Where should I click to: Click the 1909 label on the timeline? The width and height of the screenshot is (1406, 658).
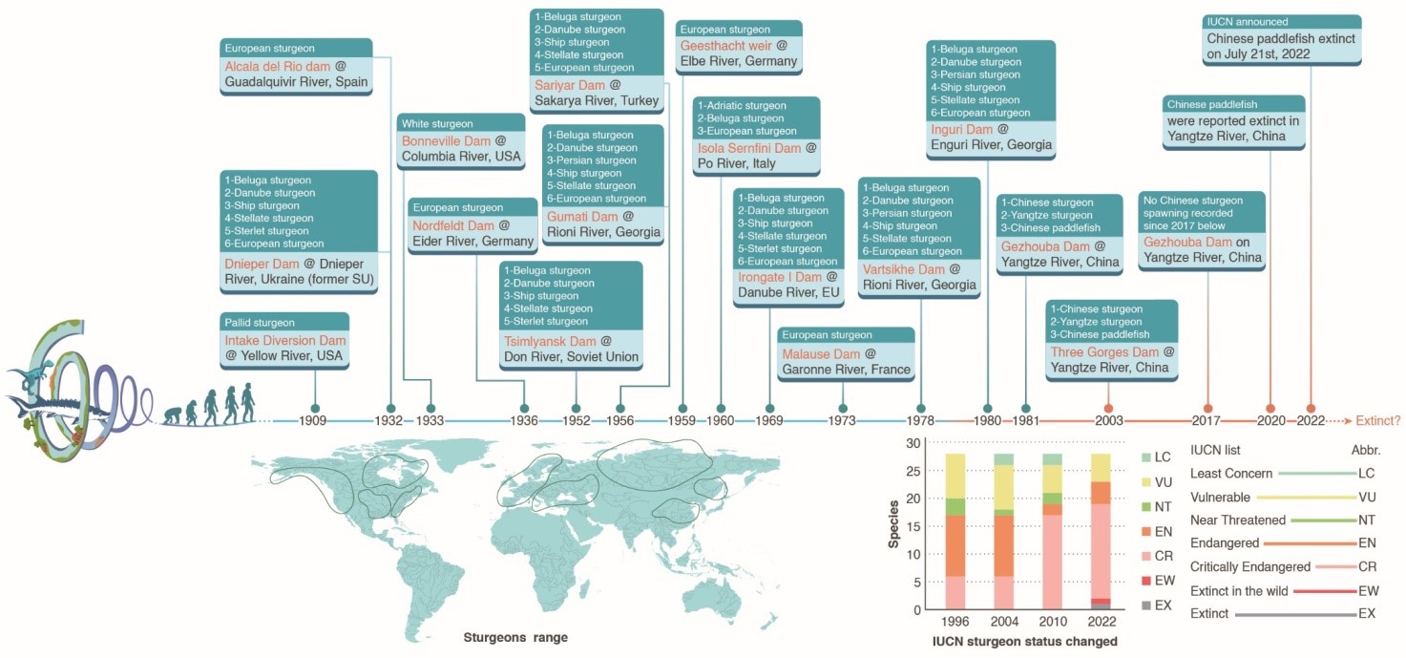(x=314, y=420)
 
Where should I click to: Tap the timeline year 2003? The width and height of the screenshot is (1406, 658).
(x=1108, y=420)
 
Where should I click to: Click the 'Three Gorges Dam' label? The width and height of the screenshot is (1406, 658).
(x=1105, y=351)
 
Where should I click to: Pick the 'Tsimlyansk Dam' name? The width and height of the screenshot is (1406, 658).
(x=549, y=341)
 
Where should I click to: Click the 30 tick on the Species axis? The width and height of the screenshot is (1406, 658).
(x=913, y=443)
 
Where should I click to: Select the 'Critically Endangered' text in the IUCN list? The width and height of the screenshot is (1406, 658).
(x=1249, y=567)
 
